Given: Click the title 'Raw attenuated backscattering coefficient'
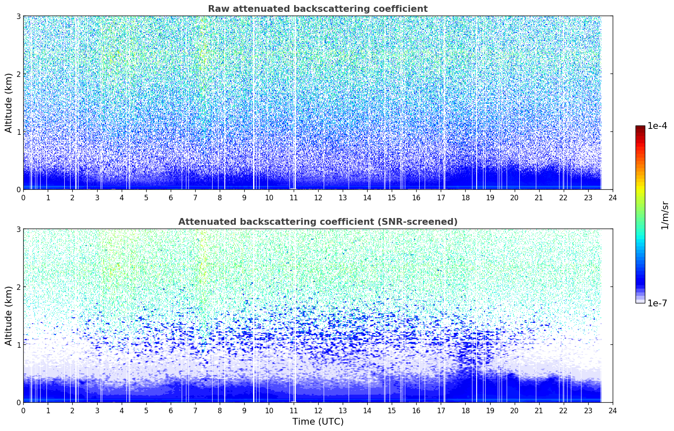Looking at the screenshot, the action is [318, 9].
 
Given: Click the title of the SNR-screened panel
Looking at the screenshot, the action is [318, 221].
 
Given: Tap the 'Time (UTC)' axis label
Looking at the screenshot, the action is [318, 421].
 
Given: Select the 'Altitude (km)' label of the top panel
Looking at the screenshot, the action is [8, 103].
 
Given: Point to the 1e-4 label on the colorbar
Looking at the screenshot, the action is [657, 126].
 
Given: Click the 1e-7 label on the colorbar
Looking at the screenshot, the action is [657, 303].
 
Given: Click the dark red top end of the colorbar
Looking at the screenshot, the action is [640, 127].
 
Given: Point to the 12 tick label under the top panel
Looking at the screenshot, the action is [318, 198].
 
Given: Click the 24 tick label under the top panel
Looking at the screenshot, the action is [613, 198].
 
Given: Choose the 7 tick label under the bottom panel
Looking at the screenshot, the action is [195, 411].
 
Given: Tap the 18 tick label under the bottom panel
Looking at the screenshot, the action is [466, 411].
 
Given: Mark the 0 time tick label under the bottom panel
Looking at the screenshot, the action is [24, 411].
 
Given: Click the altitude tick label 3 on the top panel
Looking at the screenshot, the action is [18, 16].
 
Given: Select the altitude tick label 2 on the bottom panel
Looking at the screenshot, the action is [18, 287].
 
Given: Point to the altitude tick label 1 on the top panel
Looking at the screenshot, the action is [18, 132].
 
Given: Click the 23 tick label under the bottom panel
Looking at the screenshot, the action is [588, 411].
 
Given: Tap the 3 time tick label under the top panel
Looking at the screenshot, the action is [97, 198].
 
